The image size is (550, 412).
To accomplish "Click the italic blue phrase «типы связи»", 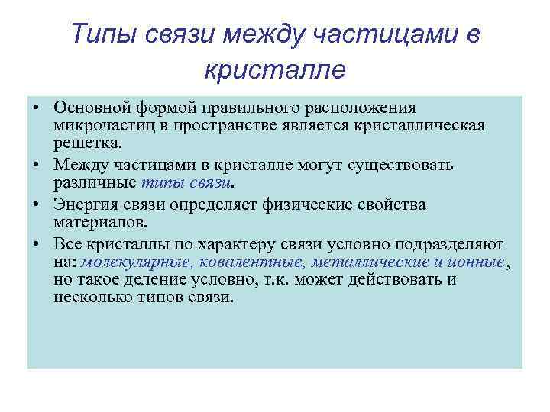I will click(x=186, y=183).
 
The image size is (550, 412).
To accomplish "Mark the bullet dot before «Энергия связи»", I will click(x=37, y=205).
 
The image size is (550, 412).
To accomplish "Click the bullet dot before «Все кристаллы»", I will click(x=37, y=245).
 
